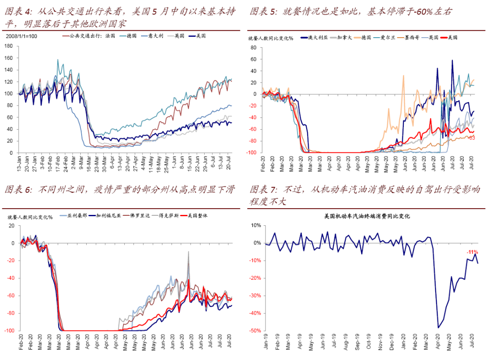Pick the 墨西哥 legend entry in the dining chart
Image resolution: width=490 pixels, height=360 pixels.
coord(411,38)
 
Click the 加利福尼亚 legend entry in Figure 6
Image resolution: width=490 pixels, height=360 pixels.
coord(108,216)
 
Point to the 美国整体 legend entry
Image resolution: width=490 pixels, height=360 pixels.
coord(195,216)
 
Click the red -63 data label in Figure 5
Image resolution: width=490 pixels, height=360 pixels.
coord(471,138)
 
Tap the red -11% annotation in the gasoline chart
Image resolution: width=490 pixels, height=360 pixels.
coord(472,252)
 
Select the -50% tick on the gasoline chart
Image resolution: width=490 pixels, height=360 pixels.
coord(255,331)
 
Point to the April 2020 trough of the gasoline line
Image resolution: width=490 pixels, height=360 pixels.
coord(438,327)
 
